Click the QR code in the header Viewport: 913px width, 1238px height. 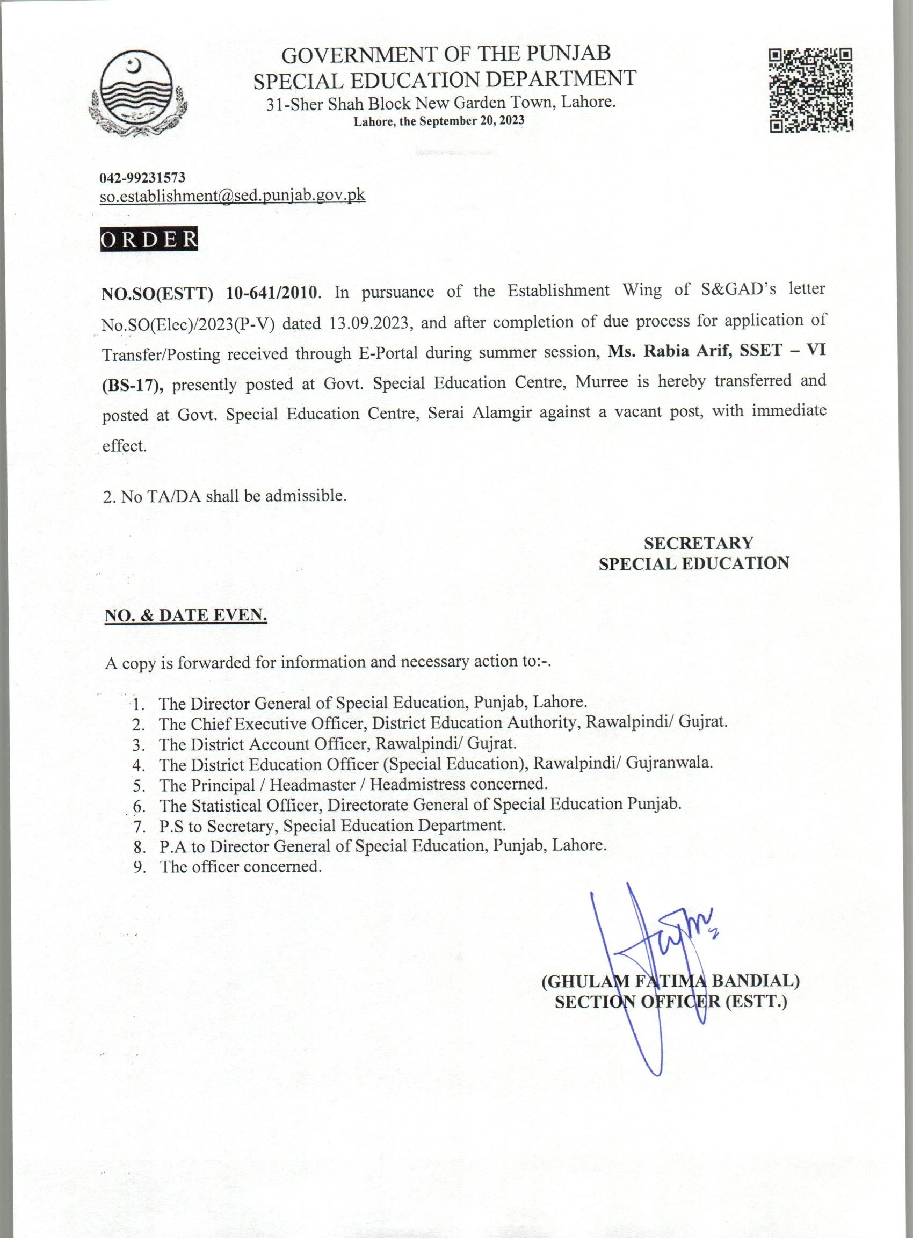(810, 90)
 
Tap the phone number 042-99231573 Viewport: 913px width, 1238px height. (142, 178)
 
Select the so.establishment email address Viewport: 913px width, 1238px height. (232, 195)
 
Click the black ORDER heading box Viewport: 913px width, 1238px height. (149, 240)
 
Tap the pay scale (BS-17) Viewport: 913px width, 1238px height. (133, 385)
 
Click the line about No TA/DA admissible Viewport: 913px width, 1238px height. (225, 496)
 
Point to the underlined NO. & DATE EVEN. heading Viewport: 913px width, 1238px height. (186, 615)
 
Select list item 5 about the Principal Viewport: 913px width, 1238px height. (353, 784)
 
